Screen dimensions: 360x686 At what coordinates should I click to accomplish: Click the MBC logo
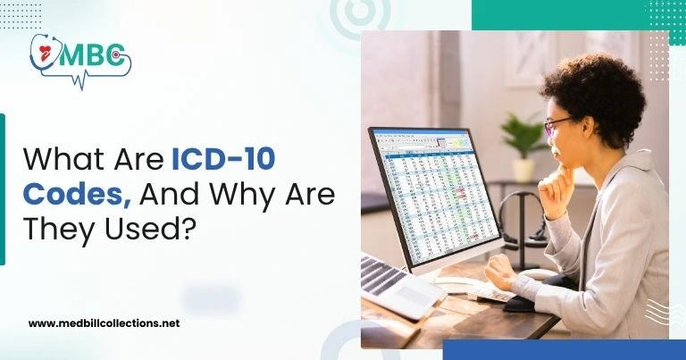point(79,58)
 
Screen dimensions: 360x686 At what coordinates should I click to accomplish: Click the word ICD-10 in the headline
point(223,162)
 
